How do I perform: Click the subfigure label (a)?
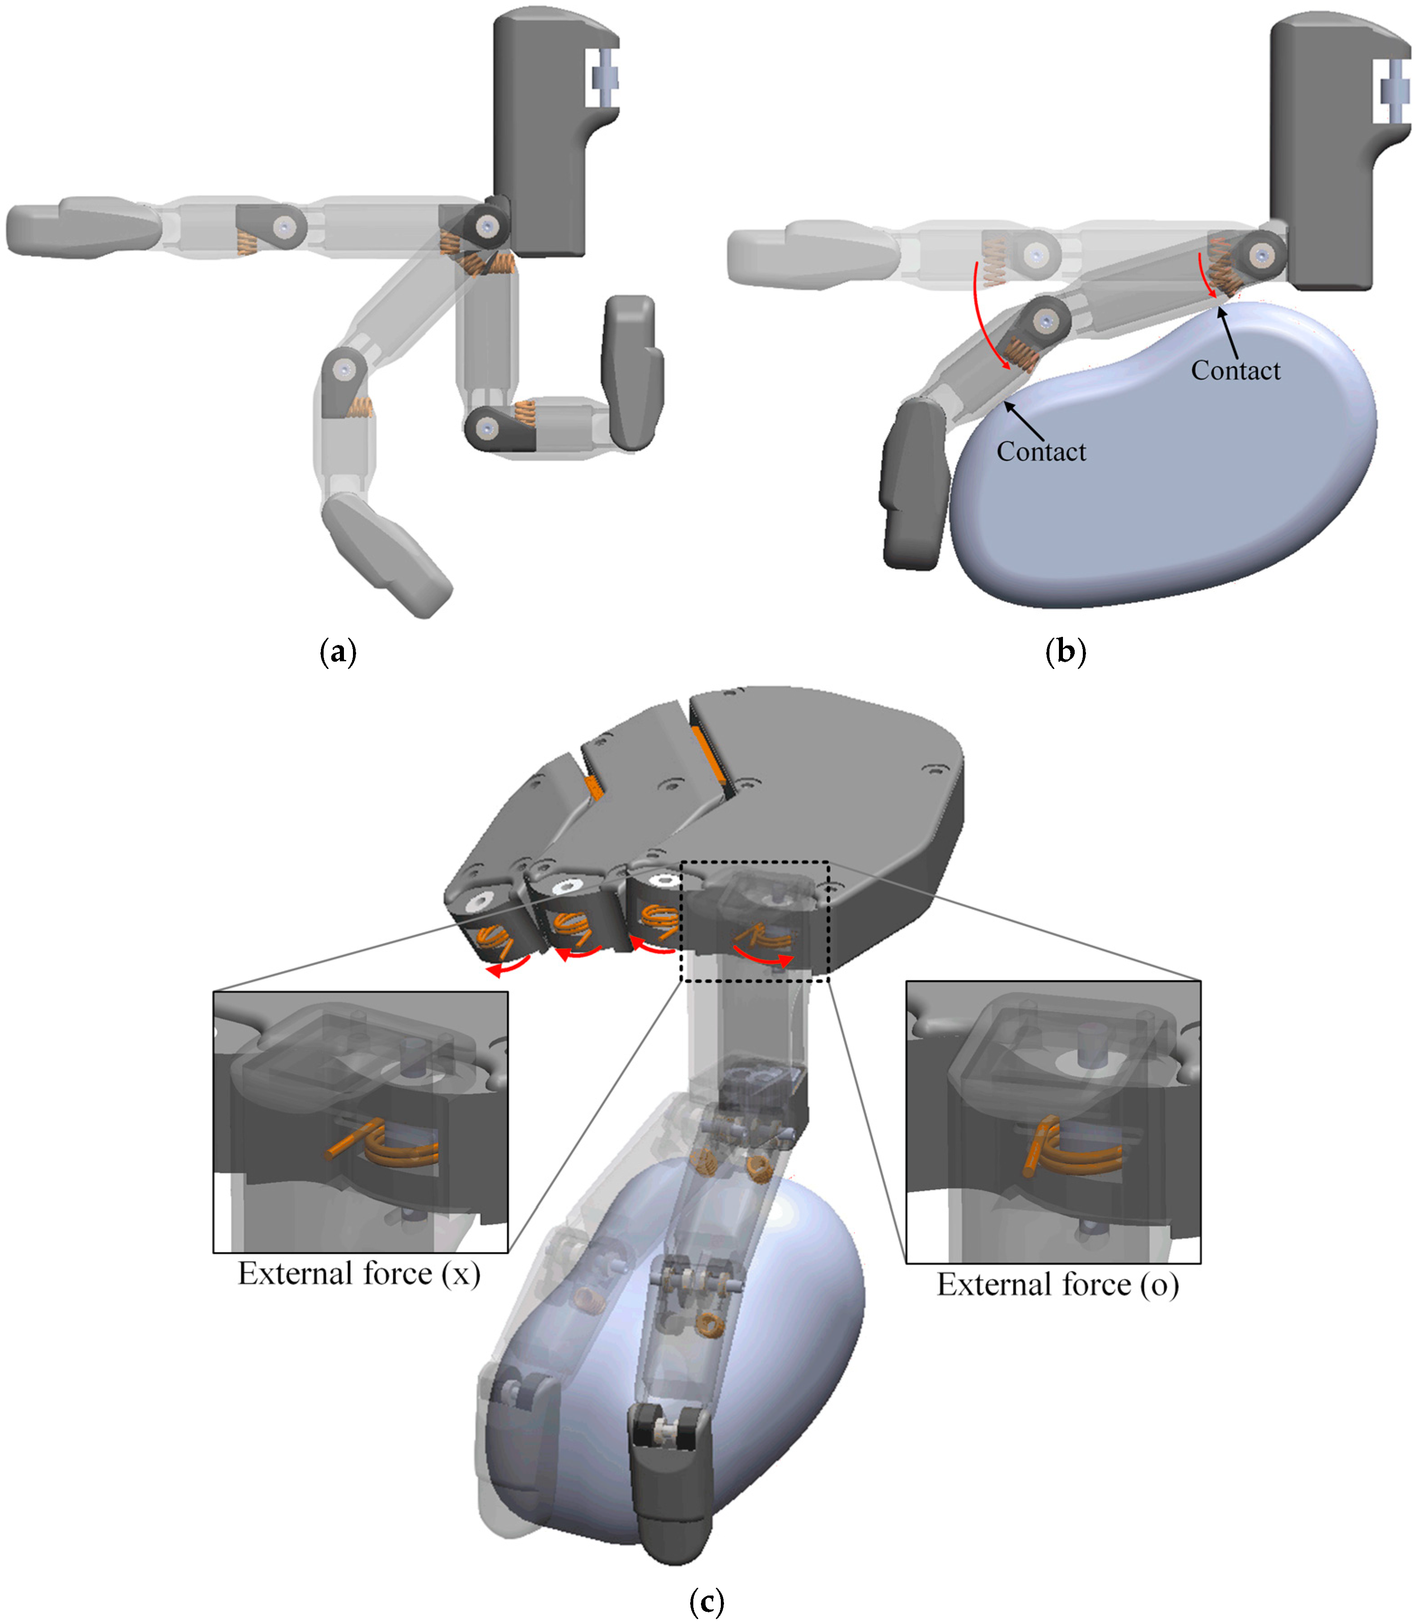click(x=338, y=652)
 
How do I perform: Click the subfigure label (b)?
click(x=1066, y=652)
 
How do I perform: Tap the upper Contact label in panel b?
click(x=1235, y=370)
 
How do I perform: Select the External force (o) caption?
click(x=1058, y=1285)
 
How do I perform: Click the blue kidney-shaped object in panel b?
click(x=1165, y=468)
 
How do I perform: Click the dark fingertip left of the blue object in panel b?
click(x=915, y=484)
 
